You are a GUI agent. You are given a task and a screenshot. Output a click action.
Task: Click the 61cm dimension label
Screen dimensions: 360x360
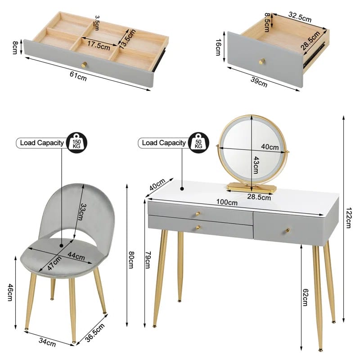[78, 76]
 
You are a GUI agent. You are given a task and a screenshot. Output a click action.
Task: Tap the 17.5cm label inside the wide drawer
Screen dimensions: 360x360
[99, 45]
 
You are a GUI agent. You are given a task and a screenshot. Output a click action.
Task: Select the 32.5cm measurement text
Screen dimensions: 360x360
[300, 17]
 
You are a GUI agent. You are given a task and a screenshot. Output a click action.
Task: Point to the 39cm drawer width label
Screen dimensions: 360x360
[259, 82]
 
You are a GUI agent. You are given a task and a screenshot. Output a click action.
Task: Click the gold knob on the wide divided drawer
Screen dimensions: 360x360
[84, 65]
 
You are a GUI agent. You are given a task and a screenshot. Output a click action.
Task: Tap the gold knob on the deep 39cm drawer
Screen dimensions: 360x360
[262, 61]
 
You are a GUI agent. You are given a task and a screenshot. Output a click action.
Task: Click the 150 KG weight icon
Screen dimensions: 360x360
[76, 142]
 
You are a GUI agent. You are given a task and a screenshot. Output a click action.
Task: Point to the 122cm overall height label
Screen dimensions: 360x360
[349, 218]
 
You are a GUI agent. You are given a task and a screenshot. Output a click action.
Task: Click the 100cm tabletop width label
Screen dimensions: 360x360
[227, 202]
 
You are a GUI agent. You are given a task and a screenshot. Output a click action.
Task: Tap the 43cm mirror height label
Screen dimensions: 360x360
[256, 165]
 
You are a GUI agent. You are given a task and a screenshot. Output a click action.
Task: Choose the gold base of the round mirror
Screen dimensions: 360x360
[252, 187]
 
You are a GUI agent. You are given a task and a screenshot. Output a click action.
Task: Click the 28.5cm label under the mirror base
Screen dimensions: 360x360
[259, 197]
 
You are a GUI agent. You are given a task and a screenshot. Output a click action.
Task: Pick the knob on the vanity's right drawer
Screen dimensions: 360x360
[287, 230]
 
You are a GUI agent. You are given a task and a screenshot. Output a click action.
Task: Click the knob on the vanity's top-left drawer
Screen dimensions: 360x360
[198, 214]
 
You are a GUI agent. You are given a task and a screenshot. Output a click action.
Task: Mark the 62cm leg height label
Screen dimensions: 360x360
[305, 297]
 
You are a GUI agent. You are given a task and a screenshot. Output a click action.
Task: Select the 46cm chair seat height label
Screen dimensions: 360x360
[10, 292]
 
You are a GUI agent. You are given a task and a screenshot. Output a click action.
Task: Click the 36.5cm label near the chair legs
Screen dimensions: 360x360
[95, 332]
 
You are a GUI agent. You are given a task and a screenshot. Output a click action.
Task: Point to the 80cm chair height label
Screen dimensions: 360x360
[131, 260]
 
